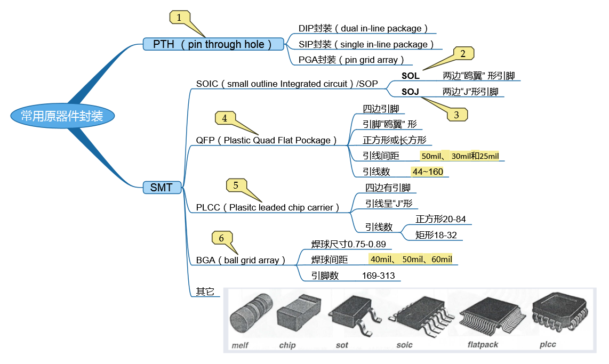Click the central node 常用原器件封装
[x=62, y=116]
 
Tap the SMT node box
[x=162, y=187]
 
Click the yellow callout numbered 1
[x=180, y=18]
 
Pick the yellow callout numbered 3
[x=456, y=114]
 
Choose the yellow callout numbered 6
[x=222, y=238]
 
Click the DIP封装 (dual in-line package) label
[x=363, y=28]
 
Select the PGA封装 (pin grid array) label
[x=352, y=60]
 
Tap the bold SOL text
[x=411, y=76]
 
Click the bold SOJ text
[x=411, y=92]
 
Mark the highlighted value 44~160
[x=428, y=172]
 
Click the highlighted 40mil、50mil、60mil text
[x=410, y=260]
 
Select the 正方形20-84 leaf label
[x=444, y=219]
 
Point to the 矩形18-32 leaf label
[x=436, y=235]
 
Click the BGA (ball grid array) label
[x=240, y=260]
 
